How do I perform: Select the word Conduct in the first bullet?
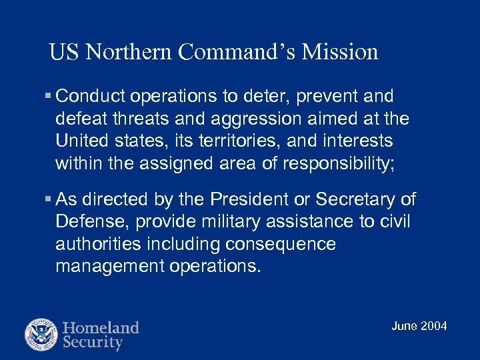[91, 97]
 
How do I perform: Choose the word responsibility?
[335, 163]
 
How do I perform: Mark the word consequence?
[281, 244]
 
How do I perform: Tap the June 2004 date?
[419, 326]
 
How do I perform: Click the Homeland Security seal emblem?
[42, 335]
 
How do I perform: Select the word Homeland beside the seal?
[101, 328]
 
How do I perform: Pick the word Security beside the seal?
[93, 343]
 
